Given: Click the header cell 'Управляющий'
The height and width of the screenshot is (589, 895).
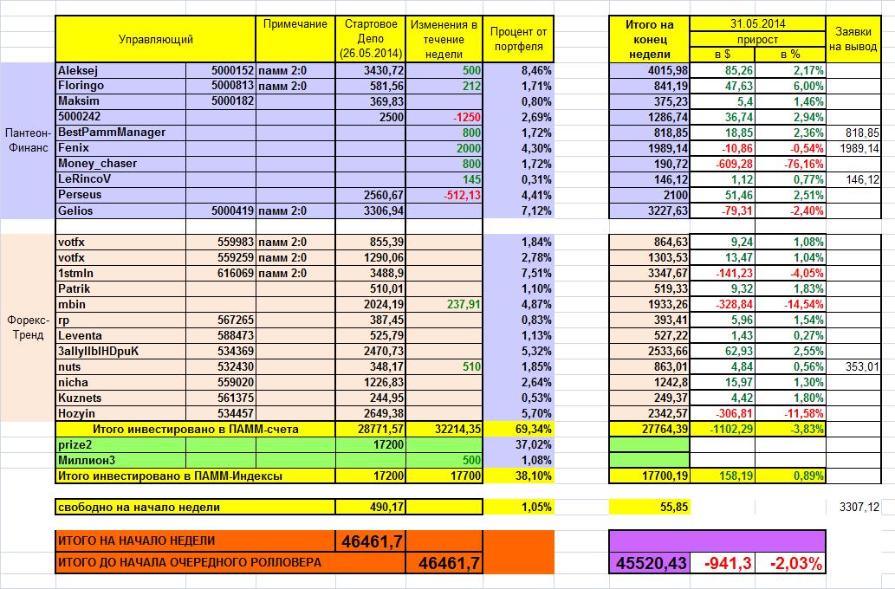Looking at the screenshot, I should pyautogui.click(x=156, y=39).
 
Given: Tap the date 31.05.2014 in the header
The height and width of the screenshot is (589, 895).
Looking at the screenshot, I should pyautogui.click(x=757, y=24).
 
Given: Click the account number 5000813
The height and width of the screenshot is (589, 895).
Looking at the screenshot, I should pyautogui.click(x=231, y=86).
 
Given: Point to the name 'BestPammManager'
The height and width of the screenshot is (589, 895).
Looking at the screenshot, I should pyautogui.click(x=111, y=133).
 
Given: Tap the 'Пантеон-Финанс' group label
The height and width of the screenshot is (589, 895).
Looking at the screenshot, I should pyautogui.click(x=27, y=139).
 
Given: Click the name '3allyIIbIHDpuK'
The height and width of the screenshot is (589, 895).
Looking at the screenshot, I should pyautogui.click(x=97, y=351).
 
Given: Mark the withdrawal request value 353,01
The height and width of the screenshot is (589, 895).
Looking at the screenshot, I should pyautogui.click(x=861, y=366).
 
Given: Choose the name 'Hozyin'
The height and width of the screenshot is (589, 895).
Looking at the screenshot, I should pyautogui.click(x=76, y=413).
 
